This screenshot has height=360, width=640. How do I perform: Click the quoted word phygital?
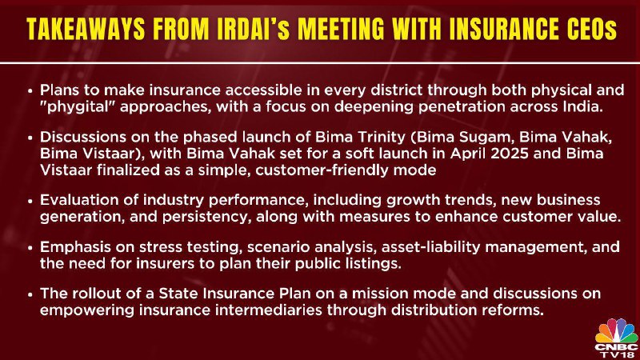[x=78, y=107]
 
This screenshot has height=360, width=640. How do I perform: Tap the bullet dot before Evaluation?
[x=30, y=201]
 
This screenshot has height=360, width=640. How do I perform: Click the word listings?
[x=375, y=264]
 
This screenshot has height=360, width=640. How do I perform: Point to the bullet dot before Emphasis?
[x=30, y=248]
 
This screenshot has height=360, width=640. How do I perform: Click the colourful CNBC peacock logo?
[x=616, y=330]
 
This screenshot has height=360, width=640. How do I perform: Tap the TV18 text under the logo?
[x=616, y=354]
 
